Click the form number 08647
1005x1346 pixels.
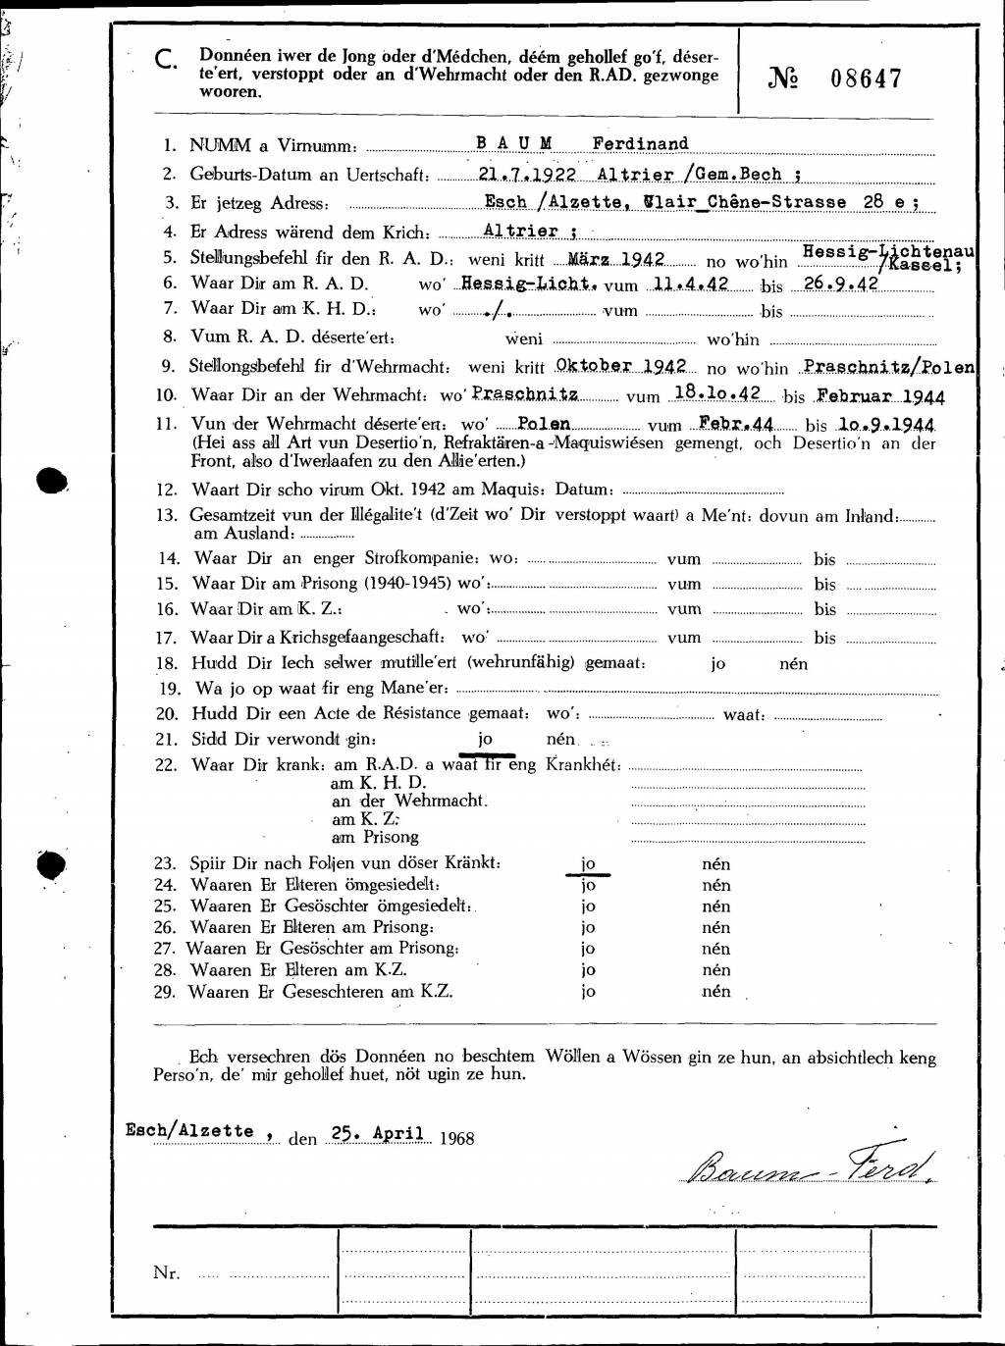pyautogui.click(x=866, y=78)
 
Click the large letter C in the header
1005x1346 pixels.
pyautogui.click(x=167, y=61)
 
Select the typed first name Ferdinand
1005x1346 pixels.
pyautogui.click(x=640, y=143)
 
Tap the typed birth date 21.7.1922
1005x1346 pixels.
pyautogui.click(x=527, y=174)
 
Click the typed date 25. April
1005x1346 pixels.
pyautogui.click(x=378, y=1134)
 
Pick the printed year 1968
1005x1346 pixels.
pyautogui.click(x=456, y=1138)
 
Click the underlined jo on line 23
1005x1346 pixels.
pyautogui.click(x=588, y=863)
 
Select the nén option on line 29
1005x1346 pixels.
pyautogui.click(x=716, y=991)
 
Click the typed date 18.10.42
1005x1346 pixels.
pyautogui.click(x=717, y=392)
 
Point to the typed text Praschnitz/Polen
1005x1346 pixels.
pyautogui.click(x=888, y=366)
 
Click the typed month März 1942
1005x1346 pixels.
pyautogui.click(x=616, y=259)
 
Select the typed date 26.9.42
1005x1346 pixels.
pyautogui.click(x=841, y=284)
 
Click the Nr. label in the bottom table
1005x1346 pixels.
pyautogui.click(x=166, y=1272)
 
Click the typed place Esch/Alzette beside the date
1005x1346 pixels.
pyautogui.click(x=189, y=1130)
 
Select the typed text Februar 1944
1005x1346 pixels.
pyautogui.click(x=880, y=396)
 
